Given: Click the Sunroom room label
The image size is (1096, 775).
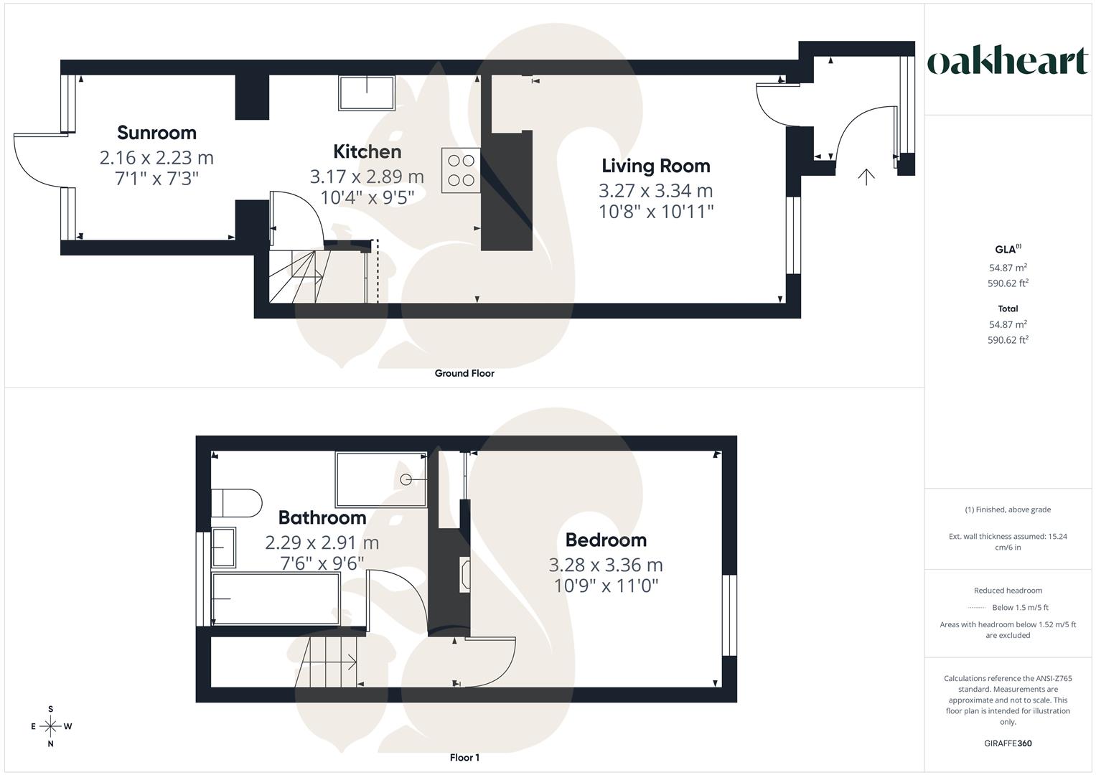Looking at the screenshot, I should pos(156,133).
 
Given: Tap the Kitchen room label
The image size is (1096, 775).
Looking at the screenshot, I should pos(367,151).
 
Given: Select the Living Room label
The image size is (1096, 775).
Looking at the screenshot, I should pos(655,166).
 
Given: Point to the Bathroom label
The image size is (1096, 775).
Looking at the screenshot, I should pos(322,517).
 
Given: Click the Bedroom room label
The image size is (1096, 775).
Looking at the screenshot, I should pos(606,540).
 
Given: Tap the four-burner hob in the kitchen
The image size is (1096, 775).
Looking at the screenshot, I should pos(461,171).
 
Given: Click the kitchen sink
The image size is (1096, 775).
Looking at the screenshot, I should pos(366,93).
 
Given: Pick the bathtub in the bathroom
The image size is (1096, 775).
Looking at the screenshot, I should pos(276,598).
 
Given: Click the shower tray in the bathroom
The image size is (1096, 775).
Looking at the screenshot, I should pos(381,479).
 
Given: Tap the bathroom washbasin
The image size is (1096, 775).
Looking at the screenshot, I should pos(224,548).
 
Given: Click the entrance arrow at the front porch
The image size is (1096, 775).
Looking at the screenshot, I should pos(866,177).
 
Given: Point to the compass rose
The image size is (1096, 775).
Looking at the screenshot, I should pos(51,726).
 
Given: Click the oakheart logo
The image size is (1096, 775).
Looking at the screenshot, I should pos(1007,62).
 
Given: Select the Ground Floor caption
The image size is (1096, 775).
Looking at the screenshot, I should pos(464,373).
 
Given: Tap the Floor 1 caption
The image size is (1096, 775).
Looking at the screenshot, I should pos(464,758).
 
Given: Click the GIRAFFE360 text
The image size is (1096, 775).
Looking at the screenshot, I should pos(1008,743).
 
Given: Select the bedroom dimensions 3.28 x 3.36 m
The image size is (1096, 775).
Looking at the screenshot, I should pos(606,565).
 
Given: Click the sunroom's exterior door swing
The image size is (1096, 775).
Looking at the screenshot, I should pos(36,161).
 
